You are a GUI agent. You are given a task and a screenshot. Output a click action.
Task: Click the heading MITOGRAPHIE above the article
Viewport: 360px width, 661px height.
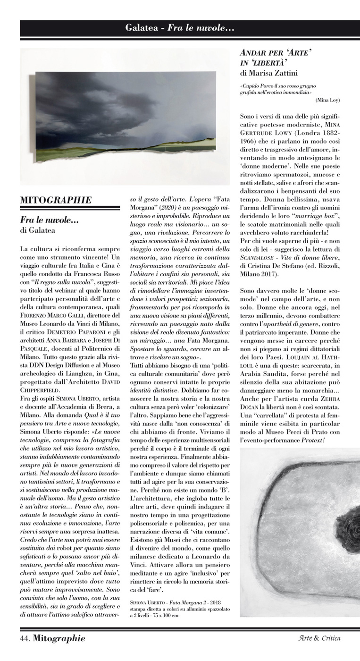coord(56,200)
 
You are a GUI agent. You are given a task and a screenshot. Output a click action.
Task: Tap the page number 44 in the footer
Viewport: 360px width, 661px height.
coord(25,639)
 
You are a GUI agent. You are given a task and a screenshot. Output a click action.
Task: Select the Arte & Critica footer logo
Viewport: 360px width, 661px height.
coord(319,639)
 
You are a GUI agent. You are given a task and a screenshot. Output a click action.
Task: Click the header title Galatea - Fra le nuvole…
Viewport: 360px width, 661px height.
coord(180,28)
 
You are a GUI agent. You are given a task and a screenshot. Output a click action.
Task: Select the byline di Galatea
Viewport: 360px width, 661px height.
coord(37,230)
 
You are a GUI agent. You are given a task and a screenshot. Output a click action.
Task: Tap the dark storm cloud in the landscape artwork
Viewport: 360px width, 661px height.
coord(94,94)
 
